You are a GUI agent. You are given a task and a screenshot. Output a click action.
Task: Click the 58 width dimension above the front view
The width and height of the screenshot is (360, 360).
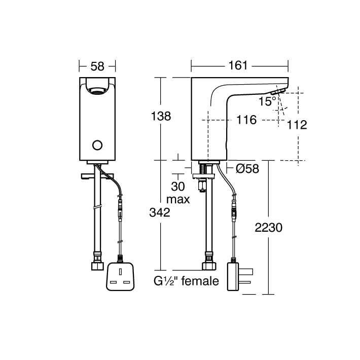pyautogui.click(x=98, y=65)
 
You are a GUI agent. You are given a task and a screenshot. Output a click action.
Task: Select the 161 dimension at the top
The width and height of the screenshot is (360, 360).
pyautogui.click(x=238, y=65)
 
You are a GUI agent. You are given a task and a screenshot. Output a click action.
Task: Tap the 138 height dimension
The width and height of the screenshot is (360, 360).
pyautogui.click(x=161, y=116)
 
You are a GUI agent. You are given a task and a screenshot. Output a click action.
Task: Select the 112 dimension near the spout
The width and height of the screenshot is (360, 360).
pyautogui.click(x=297, y=125)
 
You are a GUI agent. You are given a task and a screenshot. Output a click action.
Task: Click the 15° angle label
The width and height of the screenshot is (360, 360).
pyautogui.click(x=268, y=101)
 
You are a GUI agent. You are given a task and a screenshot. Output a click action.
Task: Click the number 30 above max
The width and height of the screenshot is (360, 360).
pyautogui.click(x=178, y=186)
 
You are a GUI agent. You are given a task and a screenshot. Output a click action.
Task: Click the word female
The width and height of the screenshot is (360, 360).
pyautogui.click(x=199, y=280)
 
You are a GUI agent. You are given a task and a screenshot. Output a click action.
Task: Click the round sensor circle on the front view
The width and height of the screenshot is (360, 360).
pyautogui.click(x=97, y=146)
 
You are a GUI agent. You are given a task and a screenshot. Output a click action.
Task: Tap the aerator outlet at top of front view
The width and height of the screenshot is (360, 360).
pyautogui.click(x=97, y=92)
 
